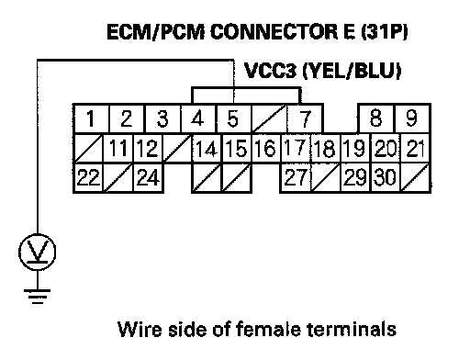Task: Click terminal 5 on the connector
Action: (234, 118)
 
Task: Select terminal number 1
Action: (91, 118)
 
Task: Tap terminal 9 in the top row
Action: (412, 118)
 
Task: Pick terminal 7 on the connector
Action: (305, 118)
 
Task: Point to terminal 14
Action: (207, 148)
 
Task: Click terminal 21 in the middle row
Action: (415, 148)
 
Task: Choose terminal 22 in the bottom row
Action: (88, 177)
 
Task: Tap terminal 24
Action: (148, 177)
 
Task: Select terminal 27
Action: (296, 177)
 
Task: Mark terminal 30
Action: (386, 177)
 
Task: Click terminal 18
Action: (325, 148)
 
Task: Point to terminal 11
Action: (118, 148)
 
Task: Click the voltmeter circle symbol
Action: (38, 252)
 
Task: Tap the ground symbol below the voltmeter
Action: (38, 297)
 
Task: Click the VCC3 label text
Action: (271, 71)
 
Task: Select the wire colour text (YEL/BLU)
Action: (352, 71)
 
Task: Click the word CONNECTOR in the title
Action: (274, 31)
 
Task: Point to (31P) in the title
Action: (385, 31)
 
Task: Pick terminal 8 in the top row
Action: (376, 118)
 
